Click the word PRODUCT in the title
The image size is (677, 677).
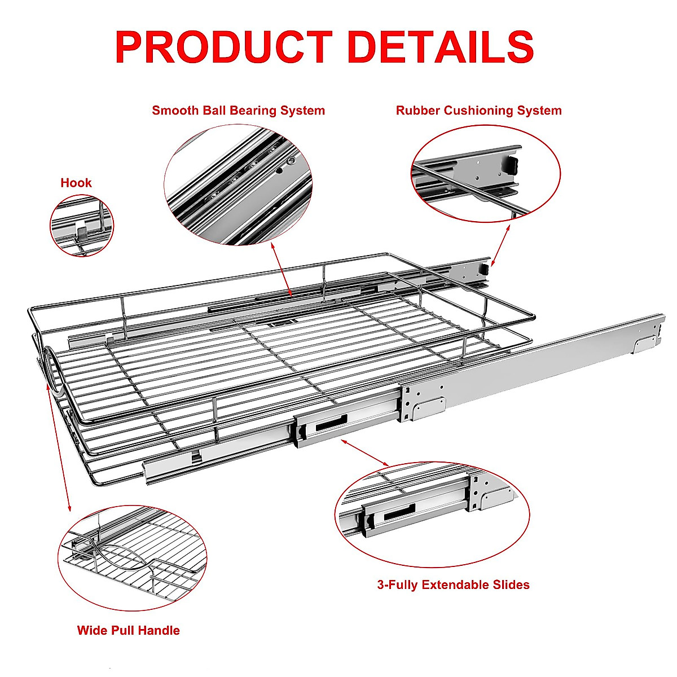coord(223,47)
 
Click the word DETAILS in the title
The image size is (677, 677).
coord(440,47)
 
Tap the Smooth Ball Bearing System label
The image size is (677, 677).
coord(238,111)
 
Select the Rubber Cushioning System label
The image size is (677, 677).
coord(478,111)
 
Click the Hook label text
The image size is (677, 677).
coord(76,183)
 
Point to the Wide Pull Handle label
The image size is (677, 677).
coord(128,631)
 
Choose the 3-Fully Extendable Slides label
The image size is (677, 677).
coord(453,585)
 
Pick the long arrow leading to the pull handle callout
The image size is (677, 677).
coord(59,446)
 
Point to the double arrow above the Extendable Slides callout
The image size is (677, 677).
coord(365,454)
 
